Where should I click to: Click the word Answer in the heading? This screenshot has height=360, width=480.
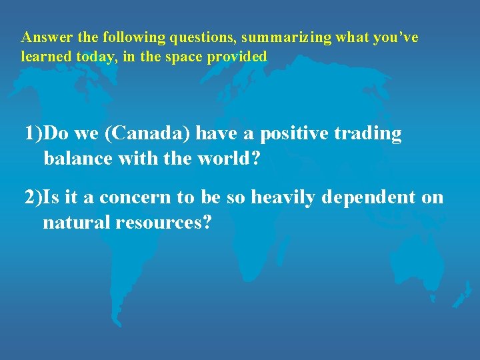click(41, 38)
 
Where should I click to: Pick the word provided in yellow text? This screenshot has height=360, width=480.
click(237, 57)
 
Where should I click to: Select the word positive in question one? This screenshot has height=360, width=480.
click(294, 134)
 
